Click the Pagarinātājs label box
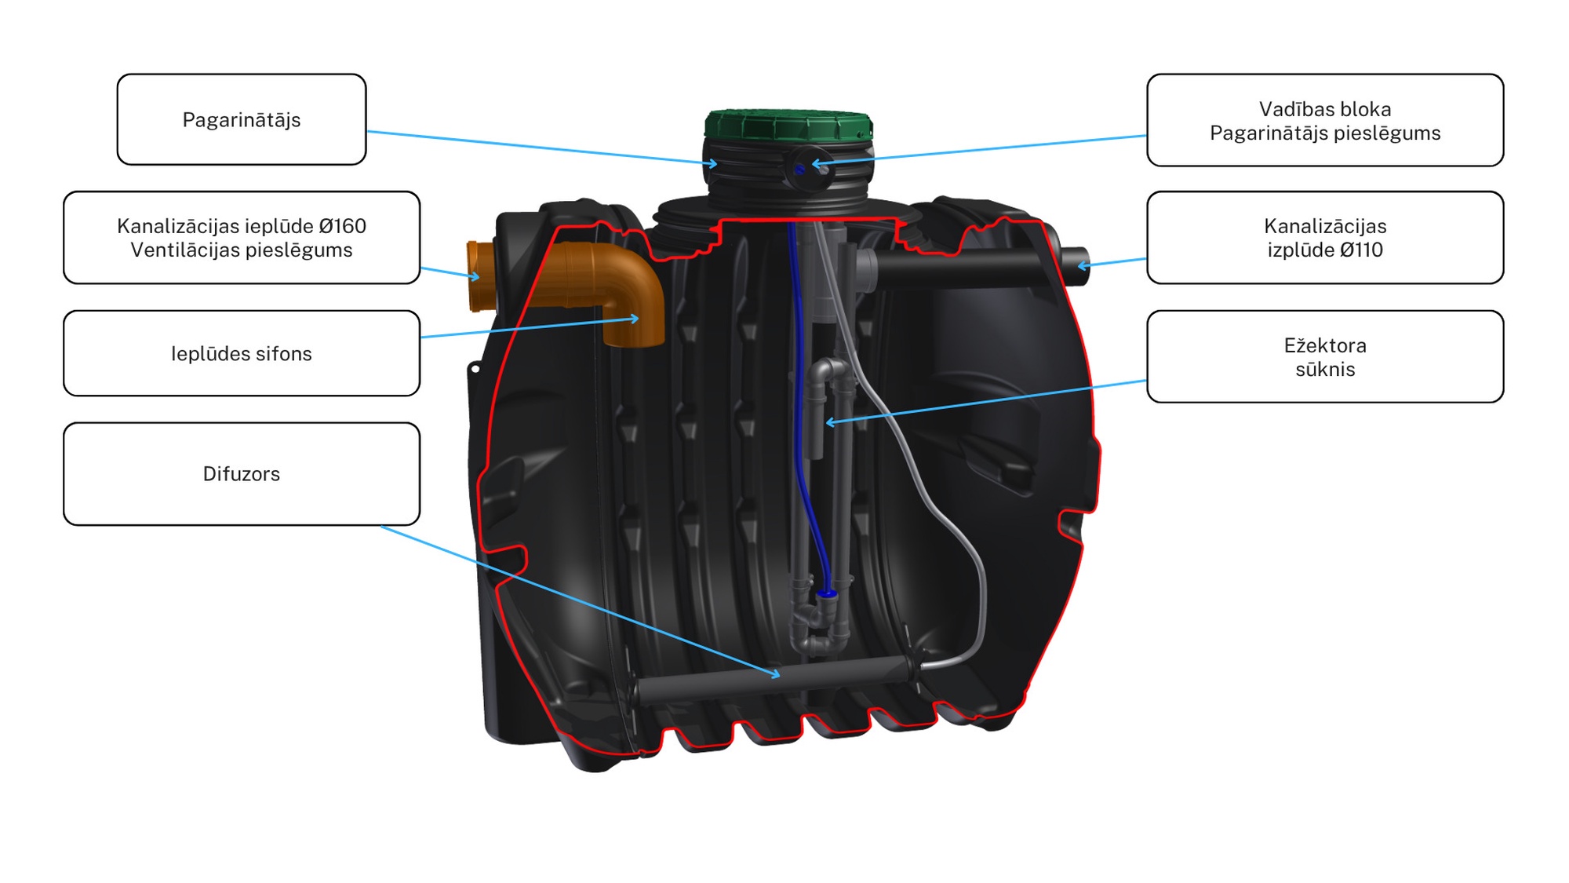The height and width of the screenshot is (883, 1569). click(x=241, y=119)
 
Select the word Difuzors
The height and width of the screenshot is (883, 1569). click(x=241, y=474)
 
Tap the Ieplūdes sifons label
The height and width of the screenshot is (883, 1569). click(x=241, y=354)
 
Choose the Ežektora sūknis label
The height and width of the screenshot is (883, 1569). click(x=1324, y=357)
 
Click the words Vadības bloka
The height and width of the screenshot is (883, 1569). click(x=1324, y=109)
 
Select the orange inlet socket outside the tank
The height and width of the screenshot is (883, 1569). click(x=480, y=276)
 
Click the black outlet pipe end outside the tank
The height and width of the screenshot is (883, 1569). click(x=1075, y=265)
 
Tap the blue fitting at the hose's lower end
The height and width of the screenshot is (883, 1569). click(x=826, y=594)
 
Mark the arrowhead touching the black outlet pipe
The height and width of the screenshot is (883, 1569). click(x=1083, y=265)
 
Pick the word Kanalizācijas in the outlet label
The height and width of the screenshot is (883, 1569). click(x=1324, y=226)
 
